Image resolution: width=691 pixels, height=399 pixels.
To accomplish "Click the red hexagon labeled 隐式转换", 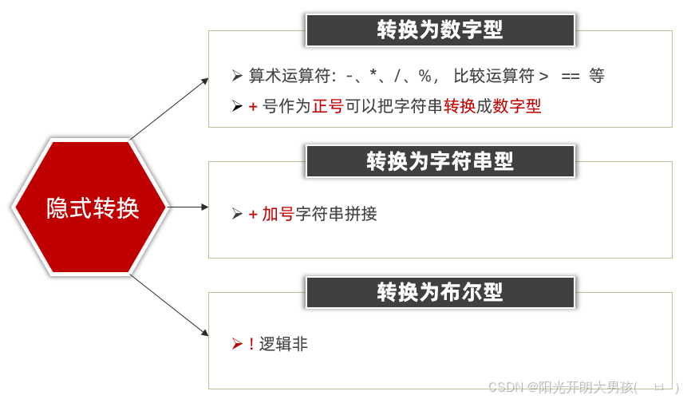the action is coord(91,207).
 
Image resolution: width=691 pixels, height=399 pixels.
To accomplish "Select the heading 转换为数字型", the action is coord(440,30).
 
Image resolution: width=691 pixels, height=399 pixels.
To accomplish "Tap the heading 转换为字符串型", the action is coord(440,161).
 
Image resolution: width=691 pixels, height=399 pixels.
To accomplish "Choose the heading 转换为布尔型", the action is coord(440,292).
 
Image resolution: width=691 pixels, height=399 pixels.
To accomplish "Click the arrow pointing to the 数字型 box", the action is coord(169,109).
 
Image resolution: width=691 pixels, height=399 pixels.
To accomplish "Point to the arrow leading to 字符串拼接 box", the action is coord(188,207).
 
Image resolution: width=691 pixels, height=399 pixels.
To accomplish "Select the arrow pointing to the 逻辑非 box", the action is coord(169,306).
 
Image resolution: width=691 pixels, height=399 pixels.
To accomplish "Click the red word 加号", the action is coord(278,214).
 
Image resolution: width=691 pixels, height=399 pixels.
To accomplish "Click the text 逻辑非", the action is coord(283,344).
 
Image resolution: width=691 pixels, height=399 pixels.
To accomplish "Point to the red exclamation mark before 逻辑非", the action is coord(251,344).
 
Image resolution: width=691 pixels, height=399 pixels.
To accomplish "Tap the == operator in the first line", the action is coord(570,77).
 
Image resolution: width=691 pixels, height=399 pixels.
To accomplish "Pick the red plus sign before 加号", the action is coord(253,214).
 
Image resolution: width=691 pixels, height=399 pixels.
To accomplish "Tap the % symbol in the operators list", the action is coord(424,77).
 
